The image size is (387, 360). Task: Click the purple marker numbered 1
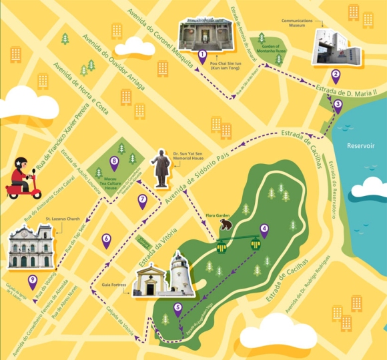[202, 55]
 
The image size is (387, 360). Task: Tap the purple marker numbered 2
[336, 75]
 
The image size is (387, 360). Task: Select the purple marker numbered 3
[338, 105]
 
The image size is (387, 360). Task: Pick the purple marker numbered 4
[264, 230]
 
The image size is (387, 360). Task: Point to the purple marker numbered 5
[177, 309]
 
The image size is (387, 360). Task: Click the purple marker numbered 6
[106, 239]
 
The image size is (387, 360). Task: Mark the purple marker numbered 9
[33, 281]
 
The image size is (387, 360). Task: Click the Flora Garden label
[217, 215]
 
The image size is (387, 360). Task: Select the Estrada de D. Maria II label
[348, 87]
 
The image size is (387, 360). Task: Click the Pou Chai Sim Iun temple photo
[205, 33]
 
